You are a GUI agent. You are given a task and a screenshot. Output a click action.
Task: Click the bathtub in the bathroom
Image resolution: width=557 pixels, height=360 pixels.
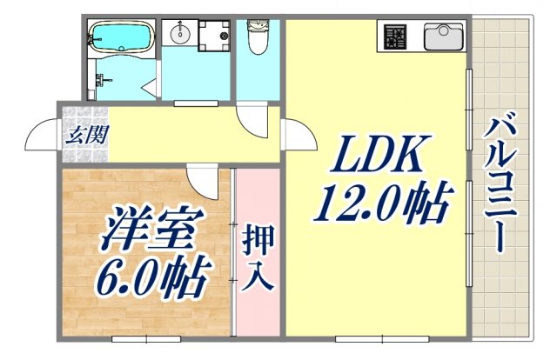tap(122, 38)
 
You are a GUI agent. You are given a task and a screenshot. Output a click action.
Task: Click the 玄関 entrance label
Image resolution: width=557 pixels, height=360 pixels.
tap(84, 135)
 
